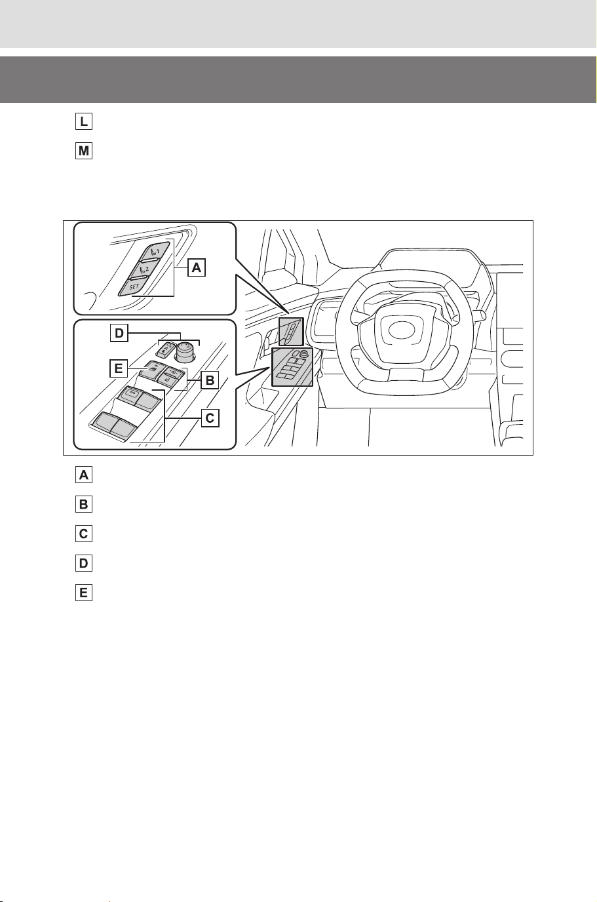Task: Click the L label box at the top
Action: (84, 121)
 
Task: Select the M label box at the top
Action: (84, 151)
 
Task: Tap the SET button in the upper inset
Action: (133, 286)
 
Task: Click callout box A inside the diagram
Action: (197, 267)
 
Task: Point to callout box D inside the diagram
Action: (119, 334)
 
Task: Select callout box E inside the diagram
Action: (119, 368)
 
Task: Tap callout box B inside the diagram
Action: (210, 380)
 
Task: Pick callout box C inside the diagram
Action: (210, 418)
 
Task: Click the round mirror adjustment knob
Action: (185, 351)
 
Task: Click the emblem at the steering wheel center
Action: (401, 330)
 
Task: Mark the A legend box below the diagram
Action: (84, 475)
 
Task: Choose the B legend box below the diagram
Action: (84, 504)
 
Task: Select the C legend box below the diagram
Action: (84, 534)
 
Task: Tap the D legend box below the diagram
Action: (84, 563)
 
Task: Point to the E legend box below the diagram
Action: (84, 593)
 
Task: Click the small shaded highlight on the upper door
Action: (291, 332)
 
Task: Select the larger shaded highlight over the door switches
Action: (292, 367)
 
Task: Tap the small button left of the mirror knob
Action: (166, 349)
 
